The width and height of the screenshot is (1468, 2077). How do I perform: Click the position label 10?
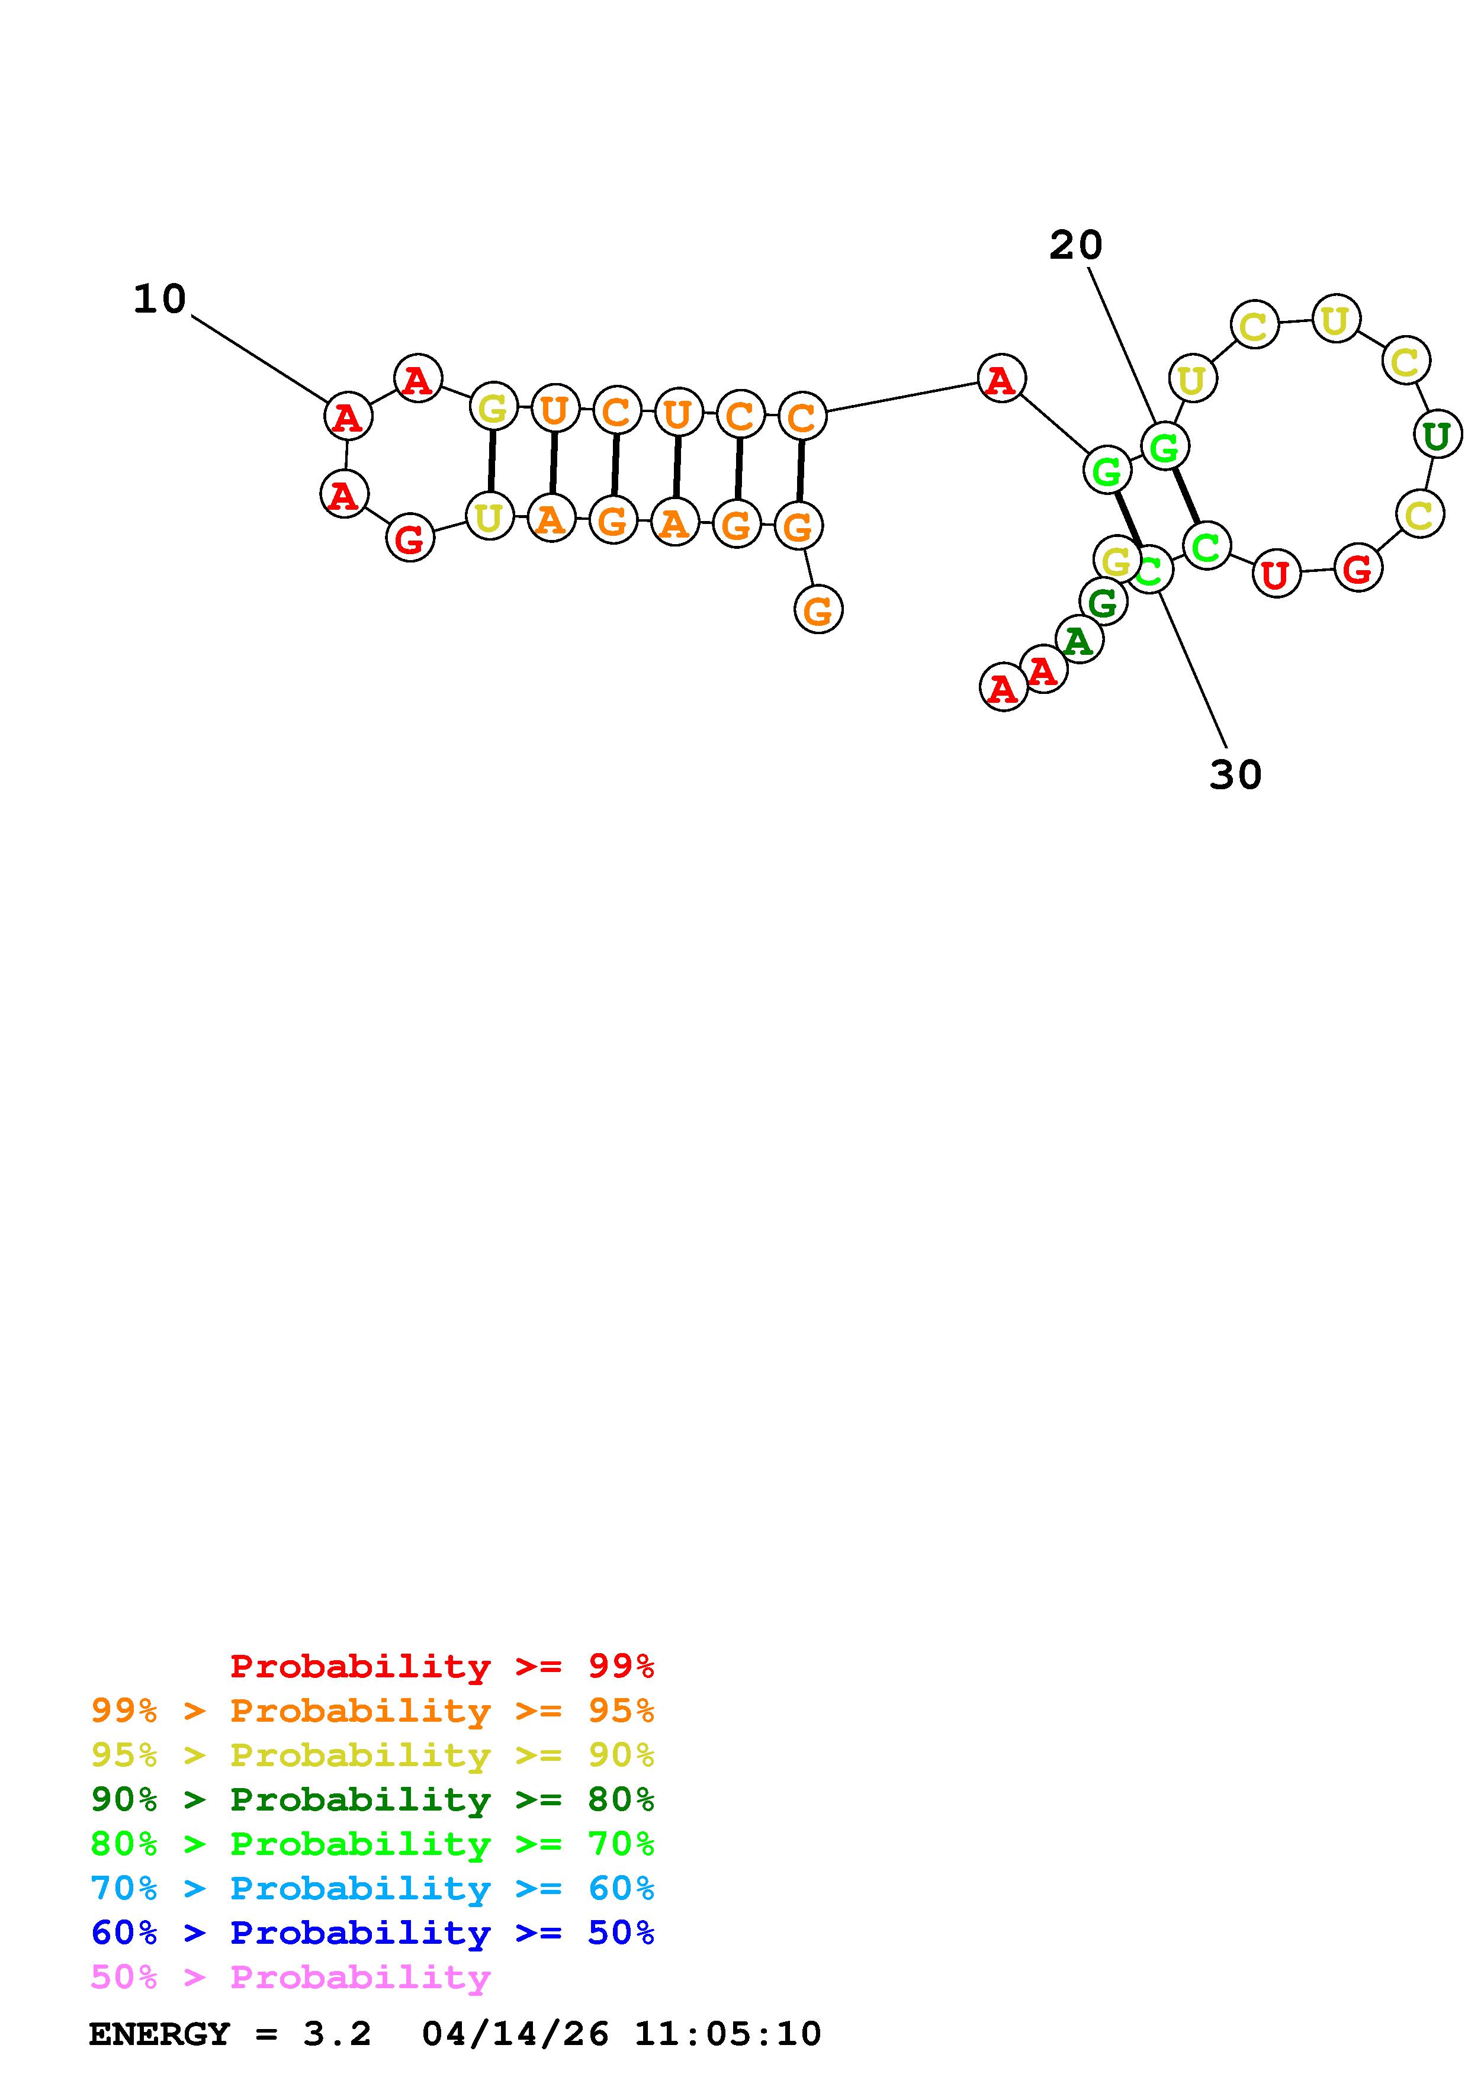coord(159,300)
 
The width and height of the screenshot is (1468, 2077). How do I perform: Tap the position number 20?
coord(1075,245)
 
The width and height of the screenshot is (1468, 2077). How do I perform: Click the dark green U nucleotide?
coord(1437,436)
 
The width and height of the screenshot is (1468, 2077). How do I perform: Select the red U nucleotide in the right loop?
coord(1276,574)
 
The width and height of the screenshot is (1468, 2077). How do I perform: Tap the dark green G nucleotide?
coord(1103,602)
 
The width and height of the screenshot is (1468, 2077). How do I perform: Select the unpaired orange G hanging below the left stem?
coord(818,610)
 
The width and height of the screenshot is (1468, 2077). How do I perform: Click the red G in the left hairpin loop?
coord(410,539)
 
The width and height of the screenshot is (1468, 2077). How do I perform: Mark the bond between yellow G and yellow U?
coord(491,461)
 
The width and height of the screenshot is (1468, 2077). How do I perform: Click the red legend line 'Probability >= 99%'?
coord(441,1666)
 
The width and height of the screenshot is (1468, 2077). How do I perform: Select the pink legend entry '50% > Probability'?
coord(290,1978)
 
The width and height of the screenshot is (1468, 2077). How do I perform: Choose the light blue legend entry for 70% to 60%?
coord(372,1889)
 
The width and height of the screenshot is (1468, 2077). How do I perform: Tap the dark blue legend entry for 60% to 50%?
coord(372,1933)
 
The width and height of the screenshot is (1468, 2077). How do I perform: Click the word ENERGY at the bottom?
coord(159,2034)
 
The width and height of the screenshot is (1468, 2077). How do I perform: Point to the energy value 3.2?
coord(336,2034)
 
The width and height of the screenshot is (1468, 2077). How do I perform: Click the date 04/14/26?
coord(515,2034)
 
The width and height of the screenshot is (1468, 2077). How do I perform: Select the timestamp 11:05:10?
coord(728,2034)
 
